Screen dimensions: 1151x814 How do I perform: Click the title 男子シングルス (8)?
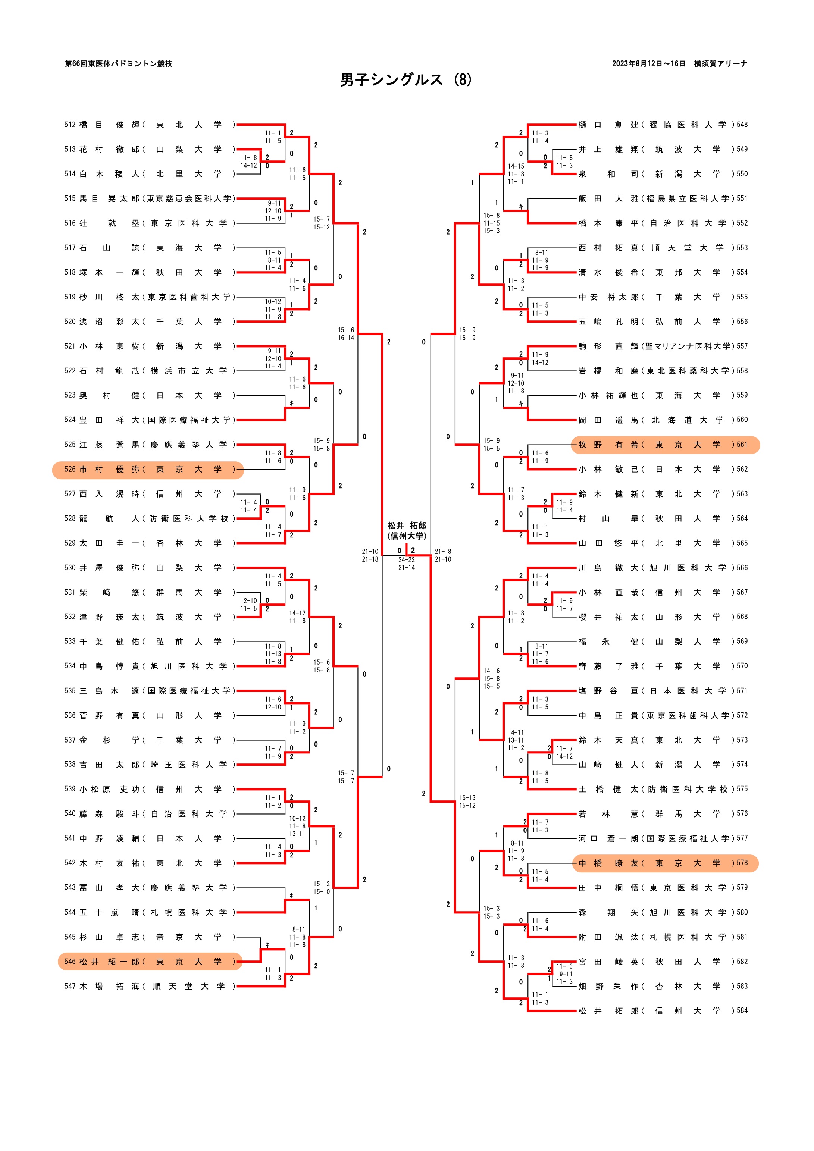pos(406,80)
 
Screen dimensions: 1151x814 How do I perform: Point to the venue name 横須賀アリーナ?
pos(721,64)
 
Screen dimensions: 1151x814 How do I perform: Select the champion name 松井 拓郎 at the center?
pos(406,526)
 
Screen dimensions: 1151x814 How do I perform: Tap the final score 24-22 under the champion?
pos(406,560)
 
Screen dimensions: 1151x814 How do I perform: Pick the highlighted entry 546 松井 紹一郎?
pos(150,962)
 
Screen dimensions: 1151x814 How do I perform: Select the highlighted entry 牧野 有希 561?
pos(665,445)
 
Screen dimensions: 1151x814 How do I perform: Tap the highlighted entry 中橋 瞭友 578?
pos(665,863)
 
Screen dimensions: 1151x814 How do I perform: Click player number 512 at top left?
pos(70,125)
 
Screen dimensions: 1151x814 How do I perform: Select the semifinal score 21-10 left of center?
pos(370,551)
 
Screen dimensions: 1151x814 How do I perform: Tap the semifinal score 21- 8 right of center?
pos(443,551)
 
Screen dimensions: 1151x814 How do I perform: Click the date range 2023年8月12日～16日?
pos(648,64)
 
